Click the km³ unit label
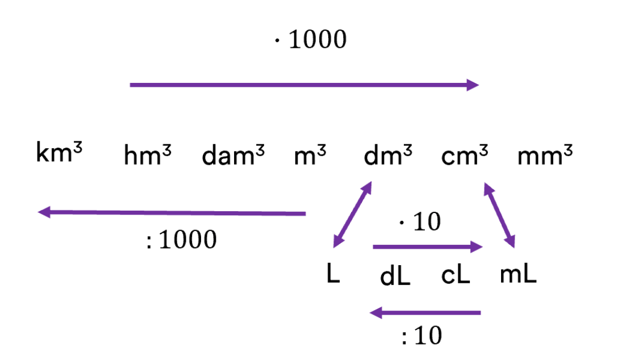pyautogui.click(x=60, y=153)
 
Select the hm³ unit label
pyautogui.click(x=148, y=156)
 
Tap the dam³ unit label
pyautogui.click(x=233, y=156)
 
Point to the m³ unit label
pyautogui.click(x=310, y=156)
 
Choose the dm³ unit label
pyautogui.click(x=388, y=156)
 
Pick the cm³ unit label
pyautogui.click(x=464, y=156)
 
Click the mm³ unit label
pyautogui.click(x=545, y=156)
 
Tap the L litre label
pyautogui.click(x=333, y=275)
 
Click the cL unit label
pyautogui.click(x=456, y=276)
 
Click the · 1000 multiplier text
pyautogui.click(x=310, y=40)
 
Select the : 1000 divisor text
pyautogui.click(x=181, y=241)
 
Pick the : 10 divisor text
pyautogui.click(x=421, y=337)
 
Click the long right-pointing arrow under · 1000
pyautogui.click(x=304, y=85)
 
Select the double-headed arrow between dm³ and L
pyautogui.click(x=352, y=215)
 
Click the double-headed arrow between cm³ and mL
pyautogui.click(x=499, y=215)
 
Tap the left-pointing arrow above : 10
pyautogui.click(x=425, y=312)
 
